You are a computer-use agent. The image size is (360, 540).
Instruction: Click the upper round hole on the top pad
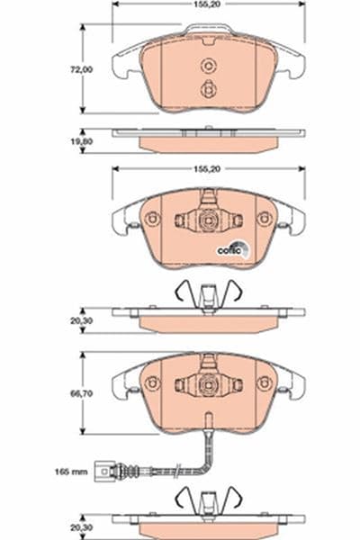[x=208, y=65]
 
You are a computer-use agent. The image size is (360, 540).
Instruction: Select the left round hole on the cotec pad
[x=153, y=219]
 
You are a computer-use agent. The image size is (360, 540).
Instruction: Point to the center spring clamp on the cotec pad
[x=208, y=219]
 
